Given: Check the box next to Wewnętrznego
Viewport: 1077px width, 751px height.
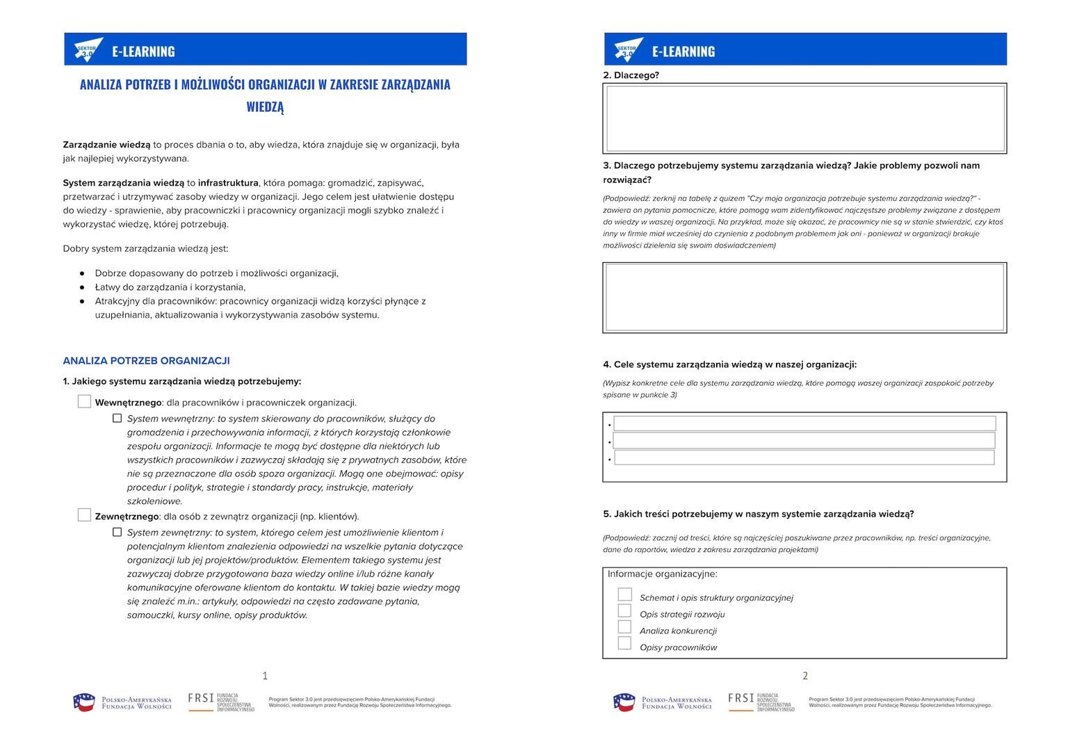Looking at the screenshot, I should (x=84, y=401).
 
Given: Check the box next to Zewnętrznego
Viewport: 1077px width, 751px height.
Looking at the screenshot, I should (x=84, y=515).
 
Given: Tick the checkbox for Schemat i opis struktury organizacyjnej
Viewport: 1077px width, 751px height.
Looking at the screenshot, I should (x=624, y=595).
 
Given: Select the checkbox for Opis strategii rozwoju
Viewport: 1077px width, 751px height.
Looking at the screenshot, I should (x=624, y=611).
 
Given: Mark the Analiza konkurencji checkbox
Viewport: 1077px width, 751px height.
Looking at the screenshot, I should (x=624, y=627).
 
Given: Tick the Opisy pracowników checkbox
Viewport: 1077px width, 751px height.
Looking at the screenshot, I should (x=624, y=643).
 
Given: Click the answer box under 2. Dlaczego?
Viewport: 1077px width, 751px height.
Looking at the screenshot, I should (x=804, y=118).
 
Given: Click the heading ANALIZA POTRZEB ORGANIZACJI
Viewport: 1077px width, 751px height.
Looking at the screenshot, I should (x=146, y=361).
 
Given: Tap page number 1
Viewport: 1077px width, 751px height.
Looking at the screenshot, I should (x=265, y=675).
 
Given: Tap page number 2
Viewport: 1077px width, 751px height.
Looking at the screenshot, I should (x=805, y=675).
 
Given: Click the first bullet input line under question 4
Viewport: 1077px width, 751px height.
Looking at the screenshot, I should (x=804, y=423).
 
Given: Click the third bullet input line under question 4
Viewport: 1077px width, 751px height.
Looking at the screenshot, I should (x=804, y=458).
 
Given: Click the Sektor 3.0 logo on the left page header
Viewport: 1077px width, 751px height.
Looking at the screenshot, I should (x=88, y=50).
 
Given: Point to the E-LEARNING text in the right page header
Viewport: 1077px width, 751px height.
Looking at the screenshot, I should (x=683, y=51).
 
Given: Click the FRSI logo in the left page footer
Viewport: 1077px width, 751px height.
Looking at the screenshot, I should (x=220, y=702).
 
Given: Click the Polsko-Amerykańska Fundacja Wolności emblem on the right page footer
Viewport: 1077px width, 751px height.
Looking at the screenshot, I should (x=624, y=702).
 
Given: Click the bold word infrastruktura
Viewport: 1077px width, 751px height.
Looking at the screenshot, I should (x=228, y=183).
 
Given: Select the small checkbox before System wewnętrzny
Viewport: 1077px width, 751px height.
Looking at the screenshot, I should (x=117, y=419).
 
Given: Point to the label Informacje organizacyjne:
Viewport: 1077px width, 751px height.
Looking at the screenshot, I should (x=662, y=574).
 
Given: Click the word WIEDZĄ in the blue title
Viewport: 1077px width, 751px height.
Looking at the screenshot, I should (x=265, y=107).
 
